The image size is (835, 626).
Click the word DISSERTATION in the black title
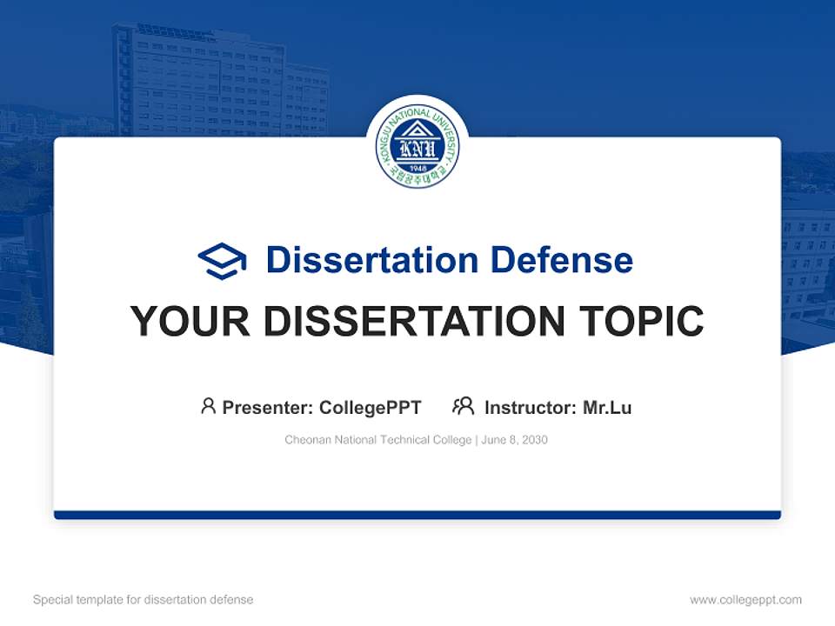tap(414, 322)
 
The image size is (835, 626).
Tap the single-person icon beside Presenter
tap(208, 406)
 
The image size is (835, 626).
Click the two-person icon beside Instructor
tap(463, 406)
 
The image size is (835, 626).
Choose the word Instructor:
tap(530, 407)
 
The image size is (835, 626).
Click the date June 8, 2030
tap(514, 440)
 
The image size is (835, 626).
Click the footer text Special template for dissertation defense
tap(143, 600)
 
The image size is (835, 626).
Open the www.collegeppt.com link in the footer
tap(745, 600)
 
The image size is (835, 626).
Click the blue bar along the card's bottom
tap(417, 515)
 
